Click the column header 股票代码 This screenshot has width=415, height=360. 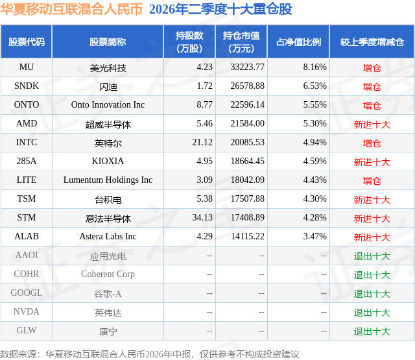pyautogui.click(x=27, y=42)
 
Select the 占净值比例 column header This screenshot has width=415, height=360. pyautogui.click(x=298, y=42)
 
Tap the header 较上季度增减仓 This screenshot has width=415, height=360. pyautogui.click(x=372, y=42)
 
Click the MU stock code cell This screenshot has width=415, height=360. pyautogui.click(x=27, y=67)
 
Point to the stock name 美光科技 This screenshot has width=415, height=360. pyautogui.click(x=108, y=68)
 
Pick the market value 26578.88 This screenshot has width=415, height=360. pyautogui.click(x=248, y=86)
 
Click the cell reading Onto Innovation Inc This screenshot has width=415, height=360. pyautogui.click(x=108, y=105)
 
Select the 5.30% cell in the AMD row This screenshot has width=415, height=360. pyautogui.click(x=315, y=124)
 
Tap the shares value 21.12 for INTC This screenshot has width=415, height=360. pyautogui.click(x=202, y=143)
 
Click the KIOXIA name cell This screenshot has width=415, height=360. pyautogui.click(x=108, y=162)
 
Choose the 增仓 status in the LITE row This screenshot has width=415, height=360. pyautogui.click(x=372, y=181)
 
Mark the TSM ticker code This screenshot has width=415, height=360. pyautogui.click(x=27, y=198)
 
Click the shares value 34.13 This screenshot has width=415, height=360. pyautogui.click(x=202, y=217)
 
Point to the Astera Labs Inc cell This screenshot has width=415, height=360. pyautogui.click(x=108, y=236)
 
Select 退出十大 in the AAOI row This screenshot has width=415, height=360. pyautogui.click(x=372, y=256)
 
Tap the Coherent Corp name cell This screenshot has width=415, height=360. pyautogui.click(x=108, y=274)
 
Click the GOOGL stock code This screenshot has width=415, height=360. pyautogui.click(x=27, y=293)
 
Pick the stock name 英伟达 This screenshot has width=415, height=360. pyautogui.click(x=108, y=313)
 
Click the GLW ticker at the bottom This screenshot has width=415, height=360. pyautogui.click(x=27, y=330)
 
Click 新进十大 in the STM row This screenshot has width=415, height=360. pyautogui.click(x=372, y=219)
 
